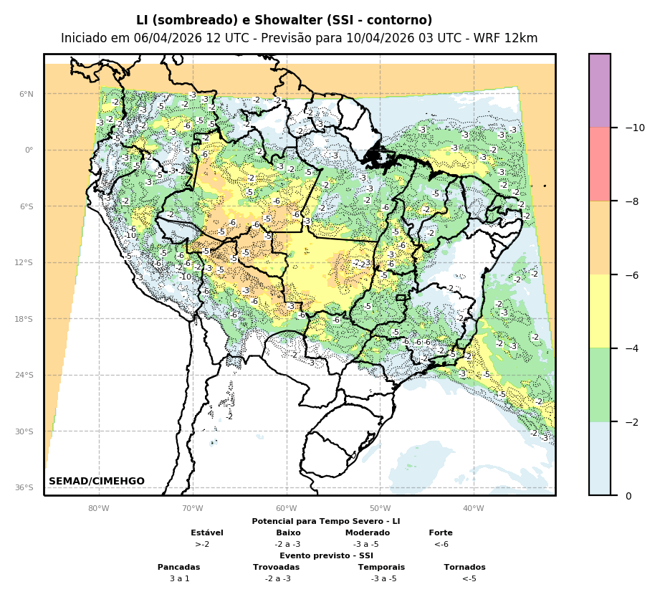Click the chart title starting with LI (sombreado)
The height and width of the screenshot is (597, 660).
tap(284, 20)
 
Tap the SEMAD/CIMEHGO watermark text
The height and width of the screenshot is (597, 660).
tap(97, 481)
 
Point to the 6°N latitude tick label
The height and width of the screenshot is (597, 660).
tap(27, 94)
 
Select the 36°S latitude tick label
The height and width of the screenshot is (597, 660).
tap(24, 487)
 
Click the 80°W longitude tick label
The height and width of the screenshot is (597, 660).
tap(98, 509)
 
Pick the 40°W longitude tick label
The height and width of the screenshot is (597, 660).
tap(473, 509)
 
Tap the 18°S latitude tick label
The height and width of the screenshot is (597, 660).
tap(24, 319)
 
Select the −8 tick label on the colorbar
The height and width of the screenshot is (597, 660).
tap(634, 201)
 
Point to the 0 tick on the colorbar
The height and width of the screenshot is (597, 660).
tap(628, 496)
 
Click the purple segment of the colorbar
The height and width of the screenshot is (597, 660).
tap(600, 90)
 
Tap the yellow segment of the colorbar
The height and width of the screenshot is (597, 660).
tap(600, 311)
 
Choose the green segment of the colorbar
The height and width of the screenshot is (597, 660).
tap(600, 385)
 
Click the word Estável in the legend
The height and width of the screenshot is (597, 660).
tap(207, 532)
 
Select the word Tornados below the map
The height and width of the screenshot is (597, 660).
tap(464, 567)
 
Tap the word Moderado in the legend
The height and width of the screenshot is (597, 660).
tap(368, 532)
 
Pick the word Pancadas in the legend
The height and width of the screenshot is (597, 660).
tap(179, 567)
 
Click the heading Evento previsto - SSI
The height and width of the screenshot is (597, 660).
tap(326, 555)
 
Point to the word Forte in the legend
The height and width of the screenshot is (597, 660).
tap(441, 532)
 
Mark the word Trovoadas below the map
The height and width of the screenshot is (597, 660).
tap(277, 567)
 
